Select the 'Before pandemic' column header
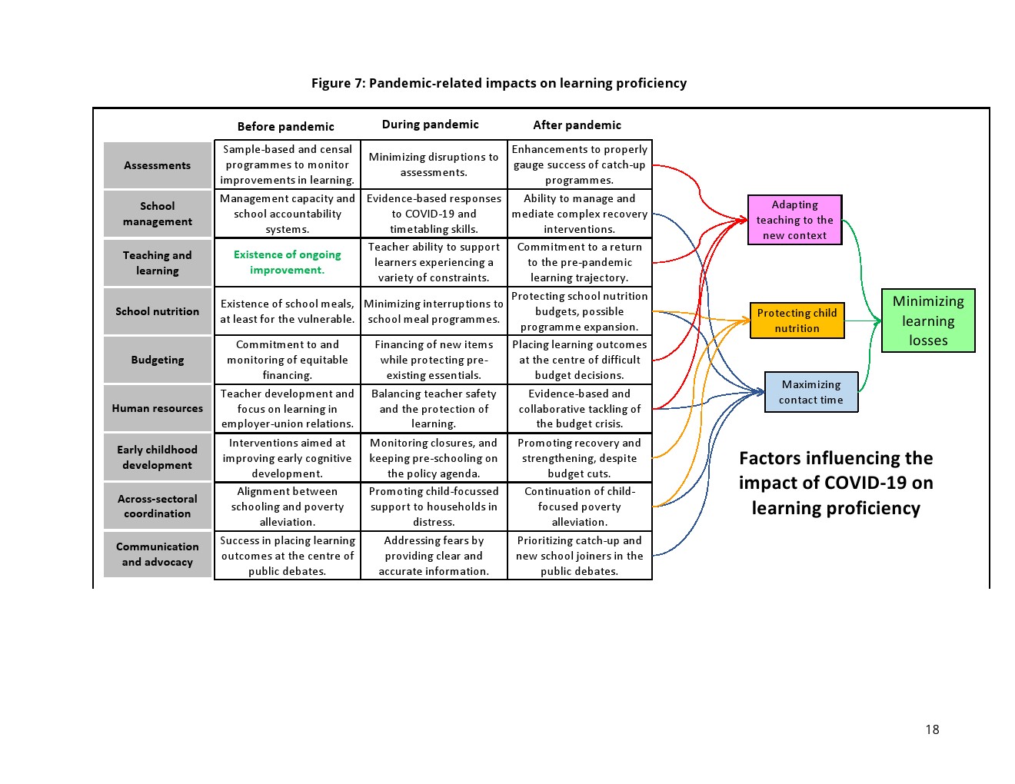coord(285,127)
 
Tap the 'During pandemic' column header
coord(430,125)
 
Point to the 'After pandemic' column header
coord(577,125)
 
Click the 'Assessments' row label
coord(158,165)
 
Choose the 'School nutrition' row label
coord(158,311)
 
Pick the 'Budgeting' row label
coord(158,360)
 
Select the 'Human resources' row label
coord(158,408)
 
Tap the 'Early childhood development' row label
coord(158,457)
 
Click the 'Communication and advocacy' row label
coord(158,554)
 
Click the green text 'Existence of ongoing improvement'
coord(287,262)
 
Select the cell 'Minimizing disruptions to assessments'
coord(434,164)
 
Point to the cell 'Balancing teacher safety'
coord(434,408)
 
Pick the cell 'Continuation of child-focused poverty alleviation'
coord(579,507)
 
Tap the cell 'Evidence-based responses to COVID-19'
coord(434,214)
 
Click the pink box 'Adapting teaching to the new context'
coord(794,220)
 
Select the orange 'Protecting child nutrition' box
coord(797,321)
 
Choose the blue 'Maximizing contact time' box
coord(810,392)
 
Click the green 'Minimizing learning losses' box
coord(928,321)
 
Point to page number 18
coord(932,729)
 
